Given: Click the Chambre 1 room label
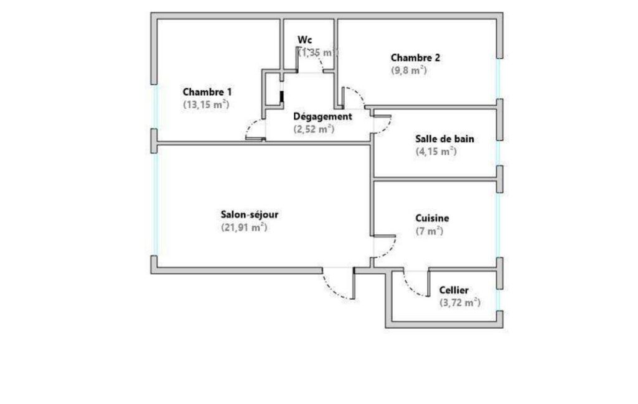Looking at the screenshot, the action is (207, 92).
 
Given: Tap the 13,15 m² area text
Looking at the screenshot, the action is (206, 104).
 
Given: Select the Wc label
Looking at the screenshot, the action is (305, 40).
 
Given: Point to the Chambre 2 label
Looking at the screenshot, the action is (415, 58).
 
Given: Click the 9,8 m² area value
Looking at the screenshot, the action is (409, 70).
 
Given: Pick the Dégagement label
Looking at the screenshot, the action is (322, 117).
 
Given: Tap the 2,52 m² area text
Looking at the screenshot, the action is (314, 129).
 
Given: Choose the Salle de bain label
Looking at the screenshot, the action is (444, 139).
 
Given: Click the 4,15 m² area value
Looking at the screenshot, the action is (436, 152).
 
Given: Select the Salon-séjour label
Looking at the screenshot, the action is (250, 214).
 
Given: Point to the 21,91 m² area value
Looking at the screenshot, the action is (244, 227).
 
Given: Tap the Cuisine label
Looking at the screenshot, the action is (432, 218).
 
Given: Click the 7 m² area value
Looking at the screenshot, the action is (429, 231).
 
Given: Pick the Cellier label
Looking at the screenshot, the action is (454, 290).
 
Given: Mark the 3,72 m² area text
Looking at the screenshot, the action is (460, 303).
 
